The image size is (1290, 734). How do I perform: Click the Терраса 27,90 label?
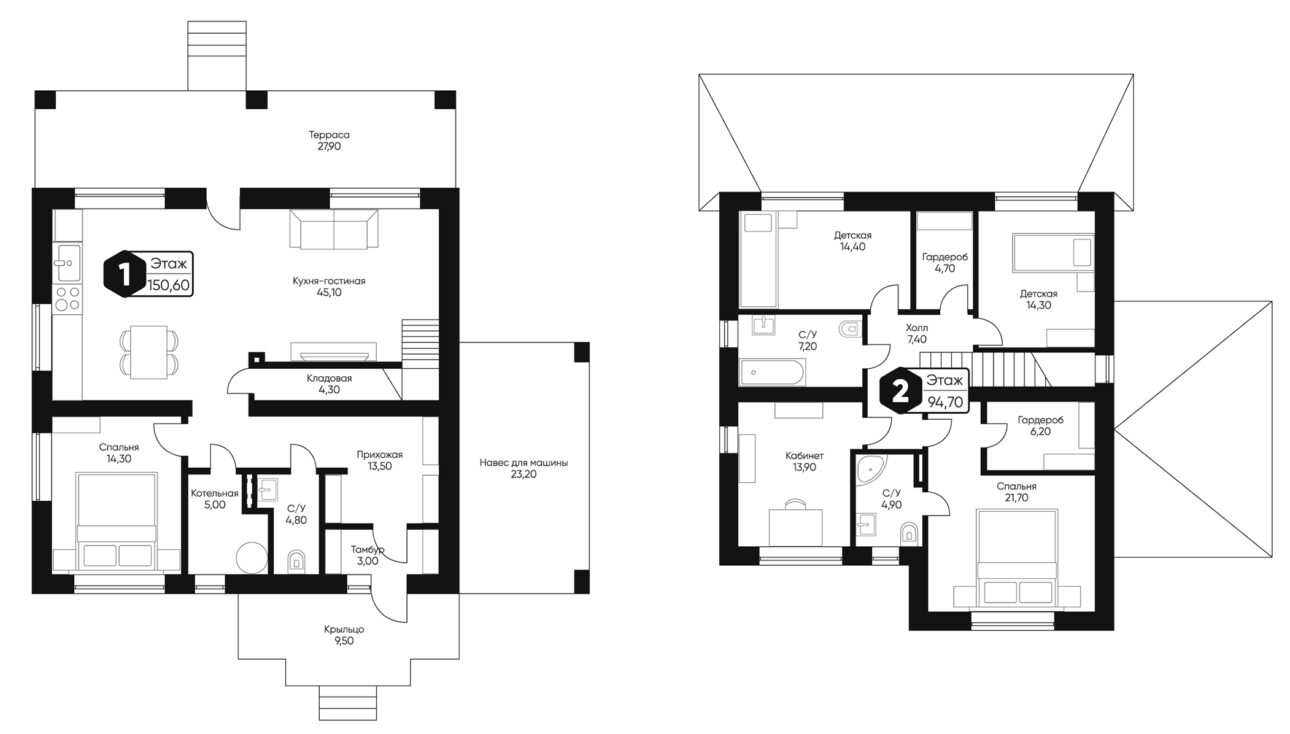pyautogui.click(x=329, y=141)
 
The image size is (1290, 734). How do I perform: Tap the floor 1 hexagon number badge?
pyautogui.click(x=125, y=274)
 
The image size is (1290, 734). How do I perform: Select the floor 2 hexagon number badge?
pyautogui.click(x=900, y=392)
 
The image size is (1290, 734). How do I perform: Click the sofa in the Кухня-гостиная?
pyautogui.click(x=334, y=228)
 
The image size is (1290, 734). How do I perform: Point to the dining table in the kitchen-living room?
pyautogui.click(x=149, y=352)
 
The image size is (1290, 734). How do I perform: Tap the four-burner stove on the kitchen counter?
pyautogui.click(x=68, y=298)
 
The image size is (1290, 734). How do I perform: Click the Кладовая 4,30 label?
pyautogui.click(x=329, y=384)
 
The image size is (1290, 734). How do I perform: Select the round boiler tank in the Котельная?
pyautogui.click(x=252, y=557)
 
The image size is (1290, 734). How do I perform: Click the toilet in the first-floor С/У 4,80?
pyautogui.click(x=296, y=561)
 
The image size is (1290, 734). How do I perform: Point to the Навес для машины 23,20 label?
pyautogui.click(x=523, y=468)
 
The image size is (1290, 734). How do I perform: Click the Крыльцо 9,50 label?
pyautogui.click(x=344, y=635)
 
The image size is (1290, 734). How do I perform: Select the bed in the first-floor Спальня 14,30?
pyautogui.click(x=117, y=522)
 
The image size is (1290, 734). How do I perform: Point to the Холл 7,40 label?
pyautogui.click(x=916, y=334)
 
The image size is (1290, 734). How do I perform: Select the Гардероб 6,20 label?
pyautogui.click(x=1040, y=426)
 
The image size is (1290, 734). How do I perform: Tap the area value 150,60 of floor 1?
pyautogui.click(x=169, y=285)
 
